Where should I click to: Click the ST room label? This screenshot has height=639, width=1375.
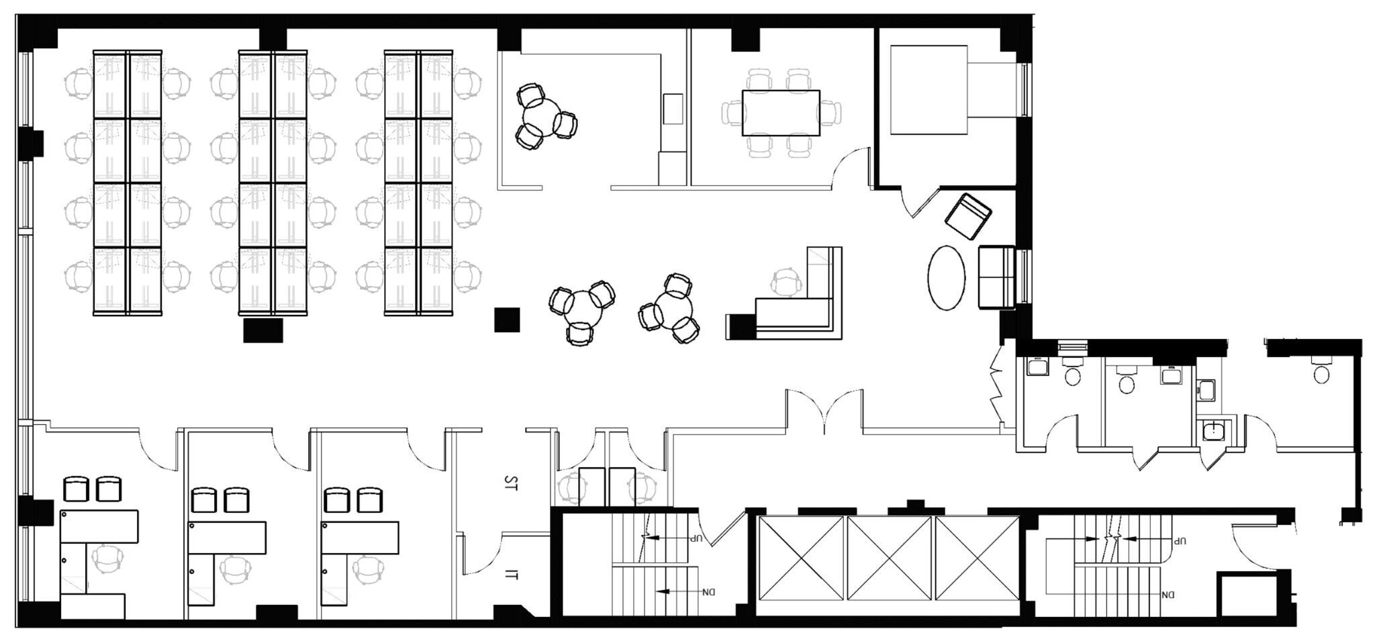(511, 483)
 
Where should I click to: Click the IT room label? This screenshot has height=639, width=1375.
(512, 575)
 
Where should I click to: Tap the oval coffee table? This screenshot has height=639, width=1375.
(946, 277)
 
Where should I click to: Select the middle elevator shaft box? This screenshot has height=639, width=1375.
(889, 558)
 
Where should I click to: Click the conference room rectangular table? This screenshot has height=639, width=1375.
(781, 113)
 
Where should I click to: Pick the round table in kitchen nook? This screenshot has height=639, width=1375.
(541, 117)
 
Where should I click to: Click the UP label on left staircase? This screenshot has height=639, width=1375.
(698, 538)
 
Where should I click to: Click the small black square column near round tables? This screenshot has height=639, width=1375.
(507, 319)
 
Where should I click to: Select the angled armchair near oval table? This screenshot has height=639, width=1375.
(967, 216)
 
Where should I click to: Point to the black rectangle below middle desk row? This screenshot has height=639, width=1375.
(263, 330)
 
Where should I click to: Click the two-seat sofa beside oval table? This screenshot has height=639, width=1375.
(996, 277)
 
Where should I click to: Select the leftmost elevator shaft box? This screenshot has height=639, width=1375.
(801, 558)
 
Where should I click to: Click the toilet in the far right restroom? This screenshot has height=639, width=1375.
(1321, 373)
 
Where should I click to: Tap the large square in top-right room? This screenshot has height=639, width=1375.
(929, 89)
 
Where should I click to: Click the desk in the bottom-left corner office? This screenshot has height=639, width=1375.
(99, 526)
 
